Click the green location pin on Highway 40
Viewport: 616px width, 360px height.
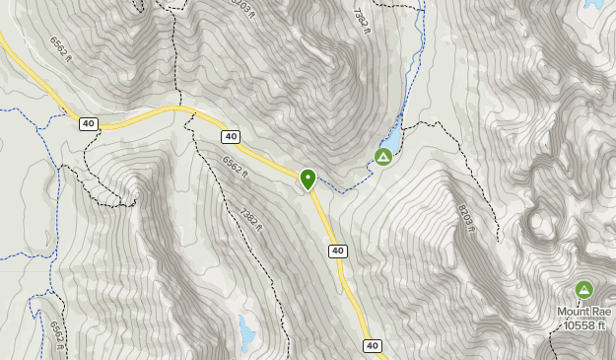tap(308, 179)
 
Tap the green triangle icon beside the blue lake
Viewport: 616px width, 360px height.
tap(383, 157)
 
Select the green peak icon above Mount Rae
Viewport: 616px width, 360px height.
tap(583, 290)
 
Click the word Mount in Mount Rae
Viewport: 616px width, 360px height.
tap(574, 312)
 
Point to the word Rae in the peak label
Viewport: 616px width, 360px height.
tap(602, 312)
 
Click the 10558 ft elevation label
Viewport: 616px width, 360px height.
tap(583, 325)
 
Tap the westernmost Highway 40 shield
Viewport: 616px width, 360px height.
tap(89, 123)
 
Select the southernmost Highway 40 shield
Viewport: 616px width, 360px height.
tap(372, 345)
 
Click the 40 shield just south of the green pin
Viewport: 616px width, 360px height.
tap(338, 252)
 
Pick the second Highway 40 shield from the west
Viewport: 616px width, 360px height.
tap(231, 136)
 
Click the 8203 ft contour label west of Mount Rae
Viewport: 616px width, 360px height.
tap(466, 218)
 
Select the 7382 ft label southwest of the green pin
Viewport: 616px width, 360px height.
tap(251, 217)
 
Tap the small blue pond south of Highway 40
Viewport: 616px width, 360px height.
tap(245, 335)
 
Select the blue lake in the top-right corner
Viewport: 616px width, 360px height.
tap(594, 4)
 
